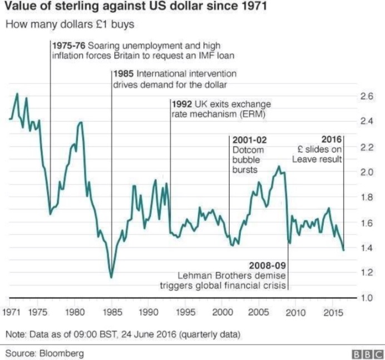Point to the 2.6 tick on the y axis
click(366, 96)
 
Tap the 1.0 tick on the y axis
click(366, 298)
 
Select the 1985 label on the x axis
click(112, 312)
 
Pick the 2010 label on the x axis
click(295, 312)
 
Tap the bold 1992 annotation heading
click(182, 104)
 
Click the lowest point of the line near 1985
click(111, 277)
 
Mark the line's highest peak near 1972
click(17, 93)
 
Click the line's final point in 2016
click(343, 250)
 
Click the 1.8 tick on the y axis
click(366, 197)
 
